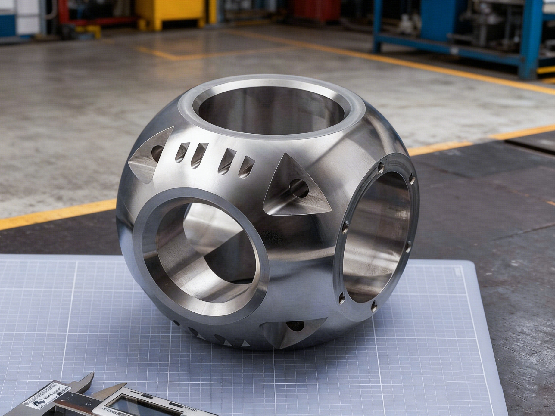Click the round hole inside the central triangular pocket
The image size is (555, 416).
point(297,188)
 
